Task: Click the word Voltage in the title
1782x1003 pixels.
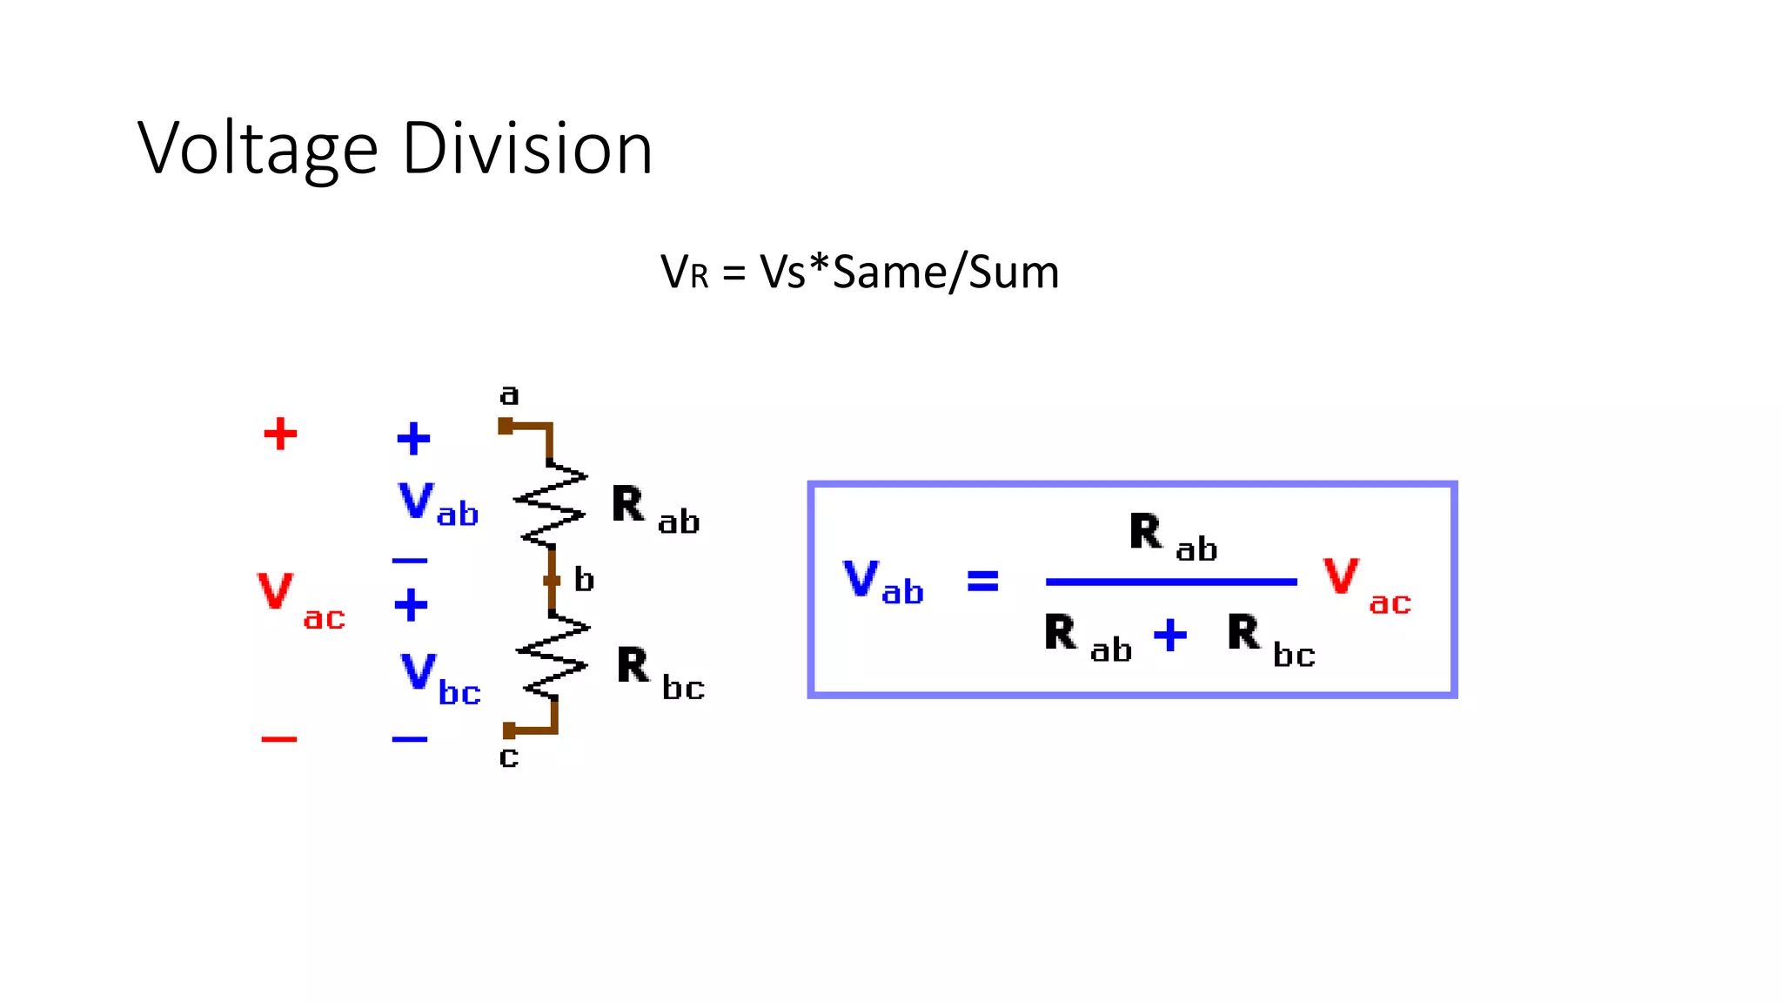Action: (x=258, y=150)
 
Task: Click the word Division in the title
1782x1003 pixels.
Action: (x=526, y=150)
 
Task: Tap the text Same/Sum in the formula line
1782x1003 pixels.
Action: (x=945, y=273)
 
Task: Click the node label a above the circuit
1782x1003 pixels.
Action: (x=509, y=395)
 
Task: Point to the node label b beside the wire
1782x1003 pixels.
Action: (x=584, y=580)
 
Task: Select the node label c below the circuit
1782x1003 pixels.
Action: (x=509, y=757)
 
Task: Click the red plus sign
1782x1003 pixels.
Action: (x=280, y=434)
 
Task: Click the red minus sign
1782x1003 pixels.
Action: (x=279, y=739)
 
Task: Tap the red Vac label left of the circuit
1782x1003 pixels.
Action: (x=300, y=600)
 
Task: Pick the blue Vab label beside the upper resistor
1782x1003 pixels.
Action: (x=438, y=505)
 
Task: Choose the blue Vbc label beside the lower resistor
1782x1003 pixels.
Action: (x=440, y=679)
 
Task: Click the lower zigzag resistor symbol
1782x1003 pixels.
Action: (x=553, y=657)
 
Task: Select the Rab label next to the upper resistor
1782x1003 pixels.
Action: (x=654, y=510)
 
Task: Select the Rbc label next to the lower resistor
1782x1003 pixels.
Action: (x=660, y=674)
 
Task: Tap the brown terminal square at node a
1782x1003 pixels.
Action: (x=506, y=426)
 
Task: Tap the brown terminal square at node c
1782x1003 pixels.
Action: (x=509, y=730)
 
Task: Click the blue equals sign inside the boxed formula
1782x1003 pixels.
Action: (x=983, y=581)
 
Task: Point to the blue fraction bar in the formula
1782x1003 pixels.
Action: (x=1170, y=582)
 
